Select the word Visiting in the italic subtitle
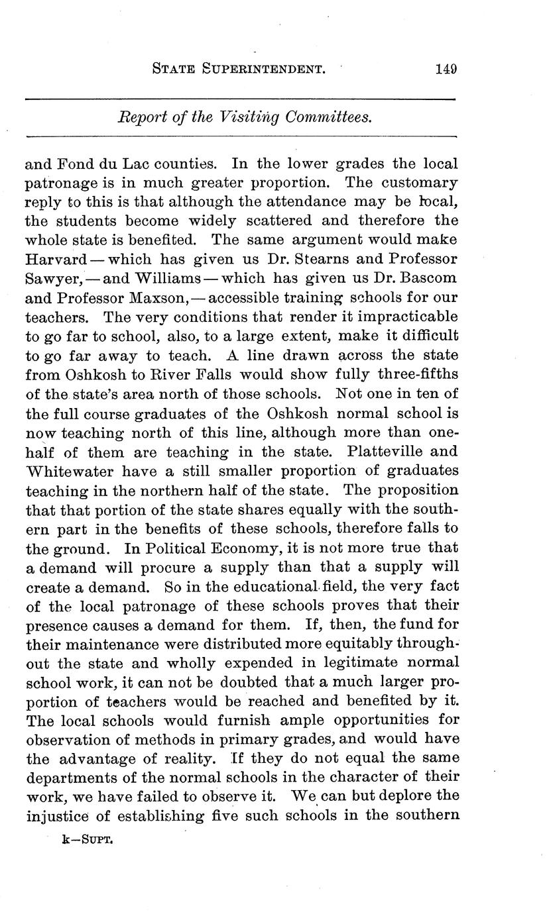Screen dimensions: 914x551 (x=260, y=117)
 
